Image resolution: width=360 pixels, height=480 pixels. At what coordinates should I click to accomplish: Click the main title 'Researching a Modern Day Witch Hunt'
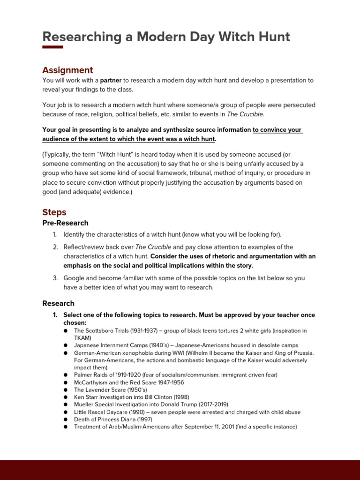pyautogui.click(x=166, y=37)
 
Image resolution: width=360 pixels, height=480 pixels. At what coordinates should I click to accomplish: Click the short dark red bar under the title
pyautogui.click(x=52, y=47)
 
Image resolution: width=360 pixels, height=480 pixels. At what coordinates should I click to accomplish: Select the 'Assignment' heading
pyautogui.click(x=67, y=70)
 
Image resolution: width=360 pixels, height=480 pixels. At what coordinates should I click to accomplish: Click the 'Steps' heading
pyautogui.click(x=54, y=212)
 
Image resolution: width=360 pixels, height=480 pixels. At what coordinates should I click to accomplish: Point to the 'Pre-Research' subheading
pyautogui.click(x=65, y=223)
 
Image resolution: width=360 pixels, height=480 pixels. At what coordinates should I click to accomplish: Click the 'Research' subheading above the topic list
pyautogui.click(x=58, y=303)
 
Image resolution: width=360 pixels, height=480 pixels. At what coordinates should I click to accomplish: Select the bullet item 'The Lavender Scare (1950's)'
pyautogui.click(x=111, y=390)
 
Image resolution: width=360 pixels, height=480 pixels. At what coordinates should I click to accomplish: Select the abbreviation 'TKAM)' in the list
pyautogui.click(x=83, y=338)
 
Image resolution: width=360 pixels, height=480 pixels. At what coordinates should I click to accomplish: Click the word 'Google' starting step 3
pyautogui.click(x=74, y=278)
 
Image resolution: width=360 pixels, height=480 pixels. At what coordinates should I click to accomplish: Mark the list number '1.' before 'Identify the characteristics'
pyautogui.click(x=54, y=234)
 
